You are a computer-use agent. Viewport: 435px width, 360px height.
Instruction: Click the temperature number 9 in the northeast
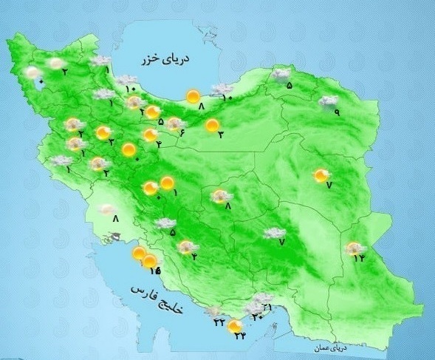point(336,112)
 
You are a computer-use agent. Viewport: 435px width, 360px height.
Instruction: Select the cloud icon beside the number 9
point(328,101)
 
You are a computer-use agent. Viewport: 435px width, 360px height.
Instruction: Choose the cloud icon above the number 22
point(215,313)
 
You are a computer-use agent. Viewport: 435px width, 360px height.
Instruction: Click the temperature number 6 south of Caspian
point(180,132)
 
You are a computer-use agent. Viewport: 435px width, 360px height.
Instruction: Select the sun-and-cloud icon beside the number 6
point(175,123)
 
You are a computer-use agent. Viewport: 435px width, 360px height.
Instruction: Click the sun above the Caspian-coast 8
point(193,95)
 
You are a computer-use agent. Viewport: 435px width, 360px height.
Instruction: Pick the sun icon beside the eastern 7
point(321,175)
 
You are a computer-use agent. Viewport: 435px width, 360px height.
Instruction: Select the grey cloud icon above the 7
point(275,233)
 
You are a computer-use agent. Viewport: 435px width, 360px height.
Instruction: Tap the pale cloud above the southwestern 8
point(107,209)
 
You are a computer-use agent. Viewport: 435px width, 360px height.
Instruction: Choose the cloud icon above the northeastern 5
point(281,74)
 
